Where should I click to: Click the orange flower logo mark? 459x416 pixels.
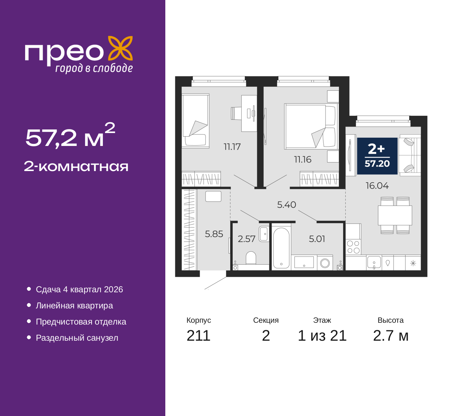point(120,48)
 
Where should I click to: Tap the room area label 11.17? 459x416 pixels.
point(232,147)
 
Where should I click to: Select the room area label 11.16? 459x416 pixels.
point(303,160)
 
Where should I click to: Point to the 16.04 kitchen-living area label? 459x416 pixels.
point(377,185)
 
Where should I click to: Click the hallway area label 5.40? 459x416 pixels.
point(287,204)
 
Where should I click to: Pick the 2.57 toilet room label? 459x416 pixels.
point(246,239)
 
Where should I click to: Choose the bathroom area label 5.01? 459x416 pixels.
point(317,239)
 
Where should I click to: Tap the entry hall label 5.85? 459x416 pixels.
point(214,234)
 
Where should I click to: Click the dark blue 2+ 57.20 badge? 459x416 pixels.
point(377,156)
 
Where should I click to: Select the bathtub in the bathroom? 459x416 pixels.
point(281,248)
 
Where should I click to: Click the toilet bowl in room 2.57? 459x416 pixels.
point(251,258)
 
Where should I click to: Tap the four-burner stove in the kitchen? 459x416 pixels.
point(353,247)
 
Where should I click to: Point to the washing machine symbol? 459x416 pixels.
point(325,263)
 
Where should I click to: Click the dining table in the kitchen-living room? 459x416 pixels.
point(395,215)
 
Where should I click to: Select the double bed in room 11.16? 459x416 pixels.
point(311,126)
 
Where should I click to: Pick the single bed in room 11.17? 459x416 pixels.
point(195,120)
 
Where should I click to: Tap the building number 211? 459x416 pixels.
point(198,336)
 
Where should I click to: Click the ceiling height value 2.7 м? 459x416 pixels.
point(391,336)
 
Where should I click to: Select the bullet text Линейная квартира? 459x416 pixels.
point(74,306)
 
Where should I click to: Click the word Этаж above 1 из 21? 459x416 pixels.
point(322,320)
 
